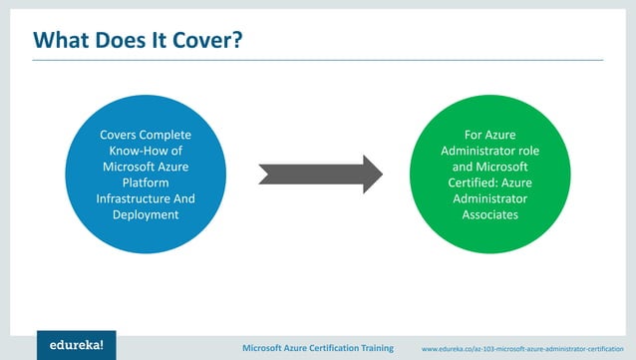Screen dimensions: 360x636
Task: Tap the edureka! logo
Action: tap(76, 345)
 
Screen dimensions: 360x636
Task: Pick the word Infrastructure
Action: tap(127, 198)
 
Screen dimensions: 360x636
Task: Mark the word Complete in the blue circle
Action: tap(166, 135)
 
